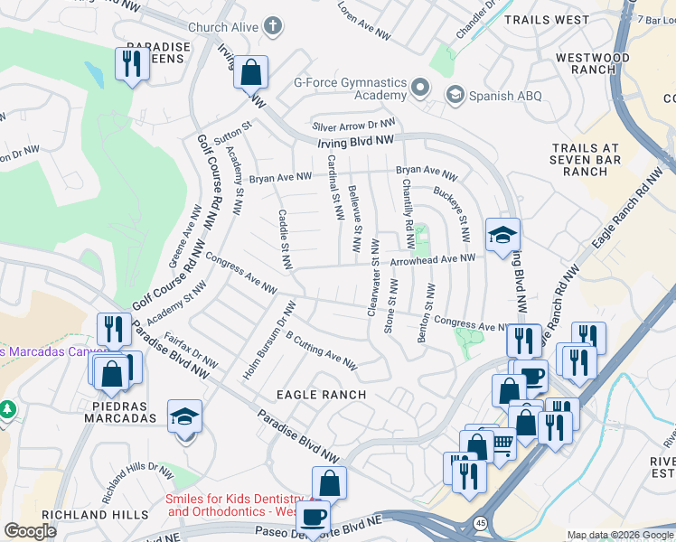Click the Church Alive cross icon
tap(275, 26)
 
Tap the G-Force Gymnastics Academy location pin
tap(419, 89)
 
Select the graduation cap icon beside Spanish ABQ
tap(455, 95)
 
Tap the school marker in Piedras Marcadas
tap(185, 417)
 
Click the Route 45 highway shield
tap(479, 523)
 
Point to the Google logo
tap(31, 531)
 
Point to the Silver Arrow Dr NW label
tap(353, 126)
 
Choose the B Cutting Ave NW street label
tap(321, 350)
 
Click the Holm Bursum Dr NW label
tap(268, 340)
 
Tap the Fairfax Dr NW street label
tap(191, 344)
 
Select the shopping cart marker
tap(502, 444)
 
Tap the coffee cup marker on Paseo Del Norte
tap(314, 518)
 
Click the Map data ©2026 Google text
tap(620, 535)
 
